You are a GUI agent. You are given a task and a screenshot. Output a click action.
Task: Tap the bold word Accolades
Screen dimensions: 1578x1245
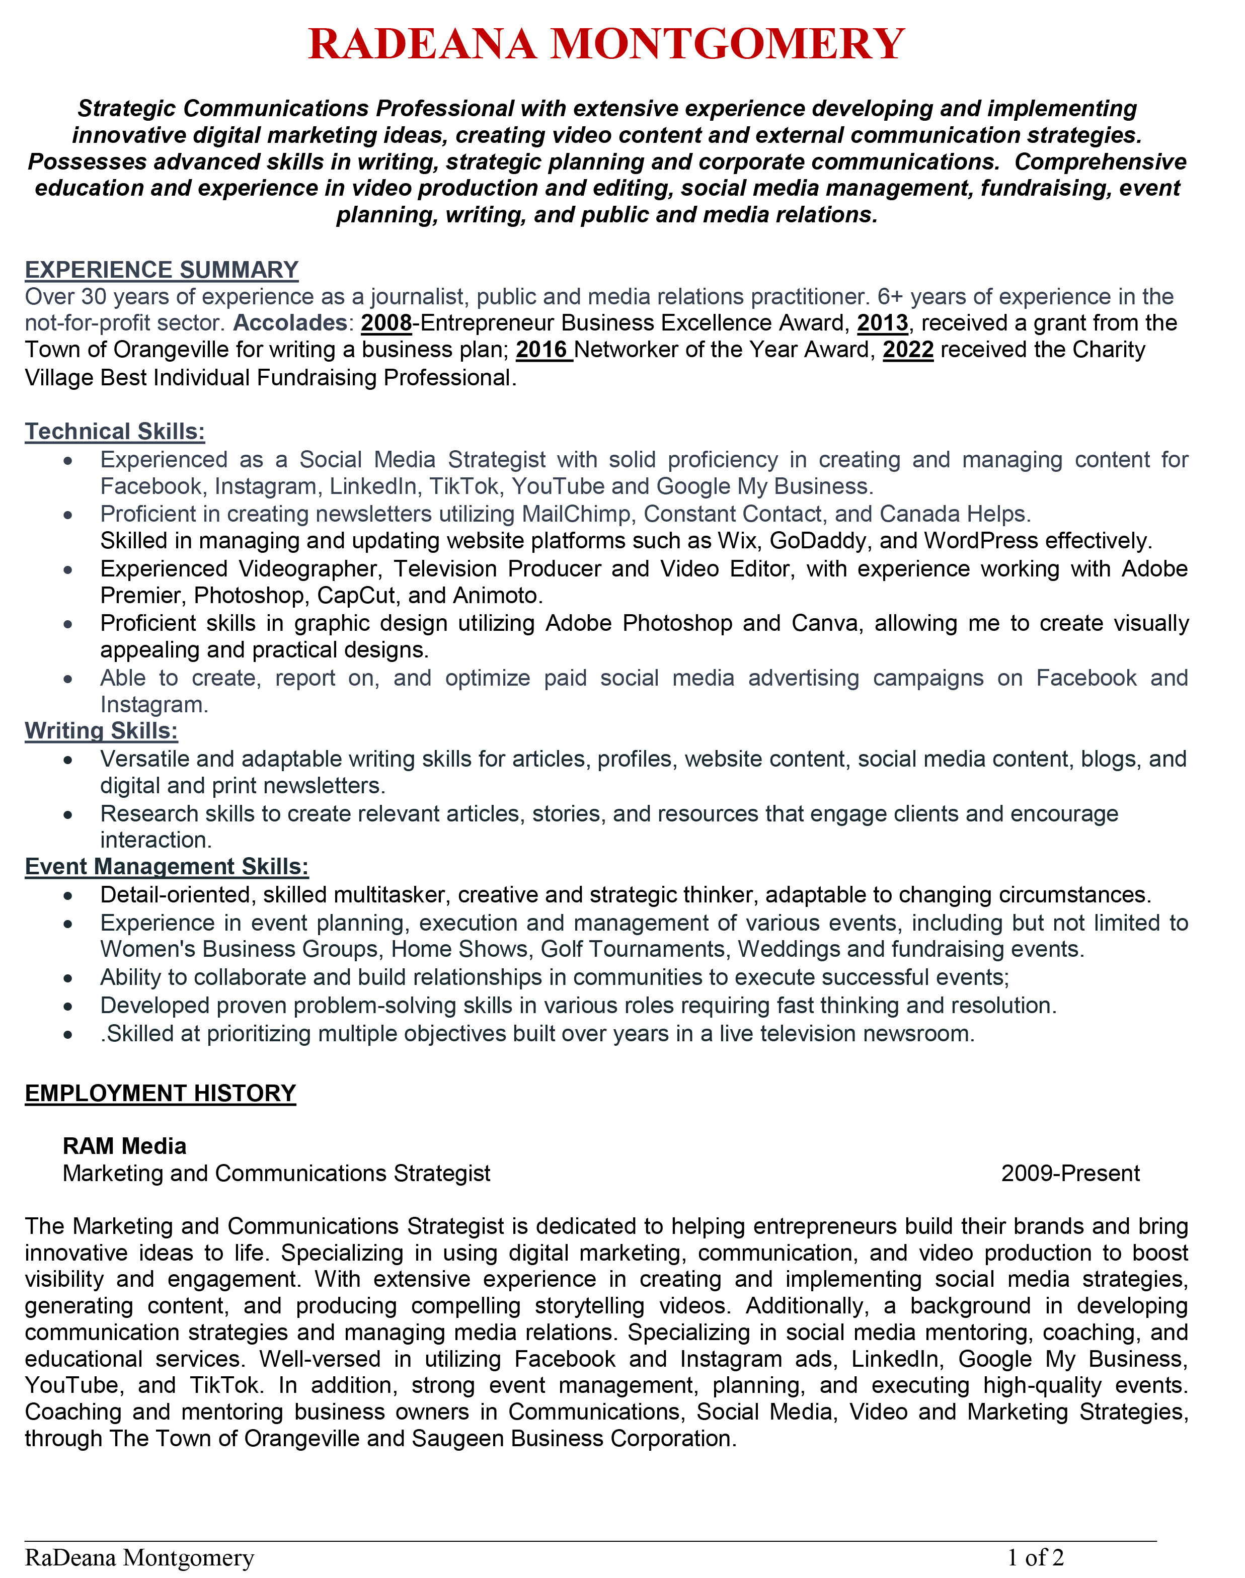pos(289,323)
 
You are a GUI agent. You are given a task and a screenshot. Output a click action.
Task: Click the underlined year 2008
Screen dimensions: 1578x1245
pos(386,323)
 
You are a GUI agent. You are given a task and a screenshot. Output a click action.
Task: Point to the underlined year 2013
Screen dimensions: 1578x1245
pos(882,323)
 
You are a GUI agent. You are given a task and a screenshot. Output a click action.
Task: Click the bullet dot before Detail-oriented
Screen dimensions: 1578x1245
pos(68,895)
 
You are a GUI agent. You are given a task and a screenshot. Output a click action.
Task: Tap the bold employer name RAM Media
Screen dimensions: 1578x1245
pos(125,1146)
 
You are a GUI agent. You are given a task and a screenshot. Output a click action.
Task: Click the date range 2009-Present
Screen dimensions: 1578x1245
pos(1070,1173)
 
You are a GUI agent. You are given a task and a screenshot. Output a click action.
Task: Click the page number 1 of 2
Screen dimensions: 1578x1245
pos(1035,1557)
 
